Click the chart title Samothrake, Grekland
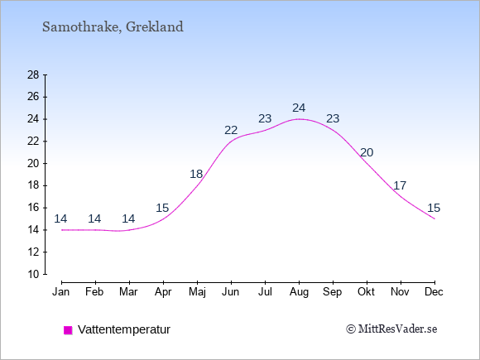point(113,27)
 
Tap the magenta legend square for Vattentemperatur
point(68,330)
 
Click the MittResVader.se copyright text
point(391,329)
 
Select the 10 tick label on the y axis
point(33,274)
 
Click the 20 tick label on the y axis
point(33,164)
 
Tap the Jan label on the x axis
point(61,292)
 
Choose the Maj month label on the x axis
point(197,292)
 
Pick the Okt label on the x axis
point(366,292)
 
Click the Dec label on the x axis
point(434,292)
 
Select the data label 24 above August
point(299,108)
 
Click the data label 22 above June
point(231,131)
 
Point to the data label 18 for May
point(196,174)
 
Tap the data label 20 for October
point(367,152)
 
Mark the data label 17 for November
point(400,185)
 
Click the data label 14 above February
point(94,218)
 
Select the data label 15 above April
point(162,209)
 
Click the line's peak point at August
point(299,119)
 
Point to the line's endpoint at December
point(434,218)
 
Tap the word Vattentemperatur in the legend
point(124,329)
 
